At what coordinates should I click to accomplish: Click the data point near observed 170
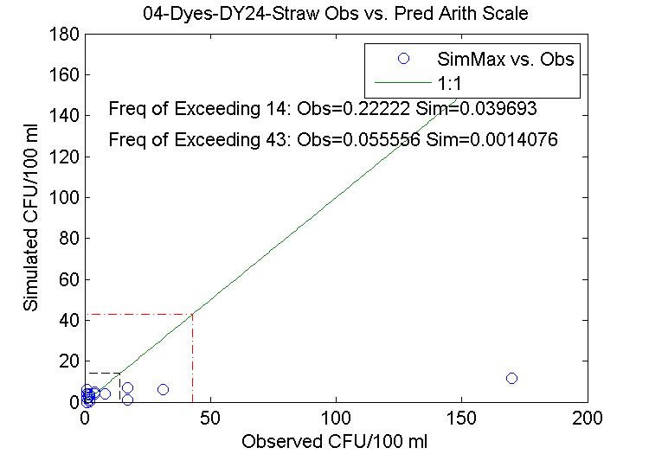(511, 379)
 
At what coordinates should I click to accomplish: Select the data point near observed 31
(163, 389)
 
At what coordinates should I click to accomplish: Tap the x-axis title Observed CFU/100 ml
(335, 441)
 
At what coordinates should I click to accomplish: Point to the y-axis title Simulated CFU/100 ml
(30, 219)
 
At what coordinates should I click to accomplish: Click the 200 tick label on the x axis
(588, 419)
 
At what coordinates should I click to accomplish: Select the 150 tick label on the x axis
(462, 419)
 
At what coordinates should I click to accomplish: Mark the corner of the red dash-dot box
(193, 314)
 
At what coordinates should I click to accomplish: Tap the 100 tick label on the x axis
(336, 419)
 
